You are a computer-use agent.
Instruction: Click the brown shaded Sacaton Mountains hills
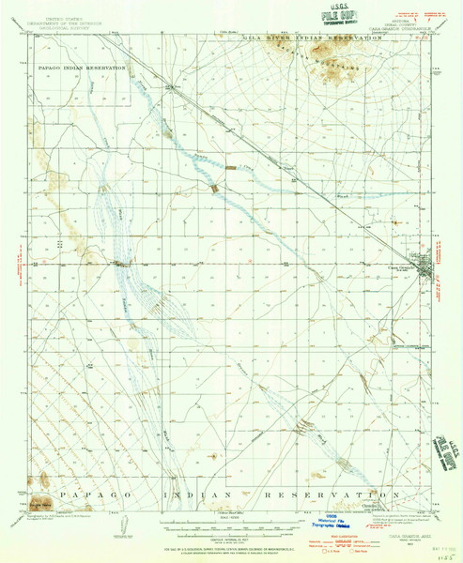coord(319,52)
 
